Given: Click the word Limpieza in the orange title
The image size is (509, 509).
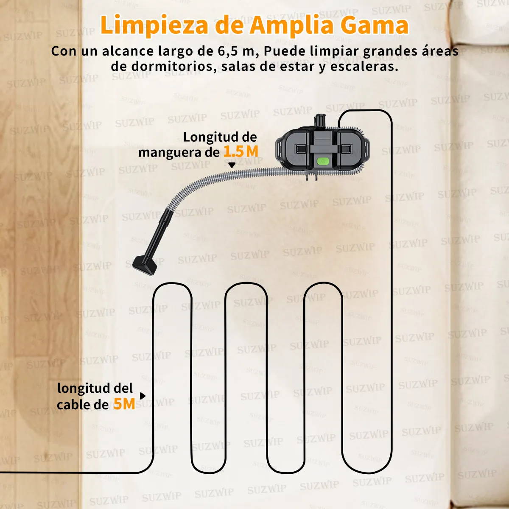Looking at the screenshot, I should point(154,25).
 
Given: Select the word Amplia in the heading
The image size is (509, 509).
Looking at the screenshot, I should point(292,25).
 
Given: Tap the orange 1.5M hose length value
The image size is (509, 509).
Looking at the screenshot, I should point(241,151).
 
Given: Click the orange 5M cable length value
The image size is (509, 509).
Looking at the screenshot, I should point(124,404).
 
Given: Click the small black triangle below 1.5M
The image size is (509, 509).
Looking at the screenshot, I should point(232,165).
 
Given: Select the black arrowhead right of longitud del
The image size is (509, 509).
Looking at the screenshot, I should point(143,396).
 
